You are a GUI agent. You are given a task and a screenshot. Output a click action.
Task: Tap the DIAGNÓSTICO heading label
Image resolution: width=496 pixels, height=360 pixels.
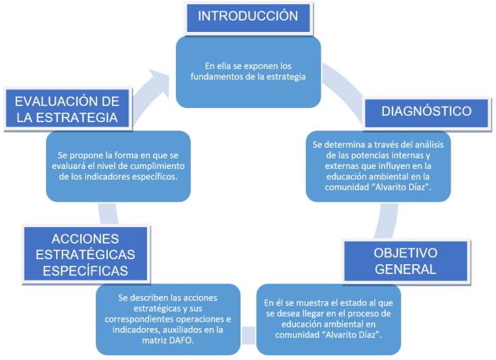point(426,111)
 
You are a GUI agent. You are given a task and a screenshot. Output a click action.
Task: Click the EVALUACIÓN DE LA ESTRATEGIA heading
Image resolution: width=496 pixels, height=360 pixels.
point(67,108)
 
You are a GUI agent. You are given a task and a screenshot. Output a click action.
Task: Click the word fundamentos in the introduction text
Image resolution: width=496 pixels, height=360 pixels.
point(218,77)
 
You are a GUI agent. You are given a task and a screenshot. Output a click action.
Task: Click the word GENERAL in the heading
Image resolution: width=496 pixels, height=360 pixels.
point(406,269)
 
